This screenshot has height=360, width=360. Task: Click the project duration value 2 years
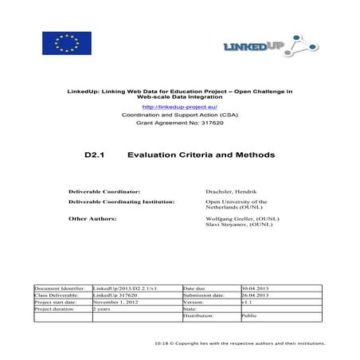point(102,309)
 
